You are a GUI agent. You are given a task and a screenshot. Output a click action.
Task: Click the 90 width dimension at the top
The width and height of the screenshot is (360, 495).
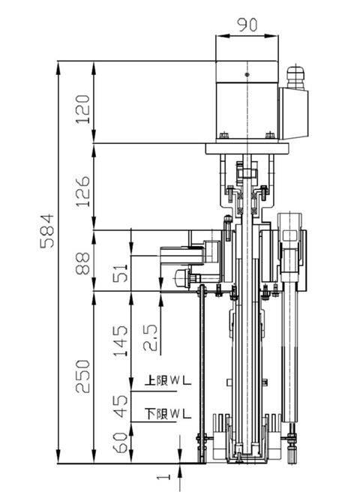[x=247, y=25]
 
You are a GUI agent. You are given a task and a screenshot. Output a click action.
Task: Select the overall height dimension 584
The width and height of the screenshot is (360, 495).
[x=47, y=231]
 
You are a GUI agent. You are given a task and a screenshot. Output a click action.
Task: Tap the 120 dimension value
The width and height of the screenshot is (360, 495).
[x=83, y=109]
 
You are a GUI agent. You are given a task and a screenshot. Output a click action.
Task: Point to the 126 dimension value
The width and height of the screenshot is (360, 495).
[x=83, y=191]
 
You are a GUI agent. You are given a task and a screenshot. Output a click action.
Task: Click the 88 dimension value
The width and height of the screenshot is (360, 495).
[x=83, y=263]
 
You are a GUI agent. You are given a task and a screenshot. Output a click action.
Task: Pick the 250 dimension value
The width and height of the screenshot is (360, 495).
[x=83, y=376]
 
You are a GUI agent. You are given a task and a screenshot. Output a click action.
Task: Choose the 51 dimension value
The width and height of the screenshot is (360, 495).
[x=121, y=273]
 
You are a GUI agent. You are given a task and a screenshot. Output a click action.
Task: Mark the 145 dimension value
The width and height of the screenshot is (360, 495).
[x=121, y=341]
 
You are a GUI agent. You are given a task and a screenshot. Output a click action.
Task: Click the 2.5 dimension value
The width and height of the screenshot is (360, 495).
[x=150, y=337]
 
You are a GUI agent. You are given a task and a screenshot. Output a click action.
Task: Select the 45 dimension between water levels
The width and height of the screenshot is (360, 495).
[x=121, y=406]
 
